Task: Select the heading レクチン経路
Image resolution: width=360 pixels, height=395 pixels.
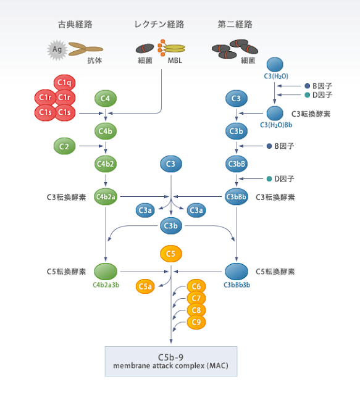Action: pyautogui.click(x=159, y=25)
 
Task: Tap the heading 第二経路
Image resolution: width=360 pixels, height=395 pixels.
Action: pyautogui.click(x=235, y=25)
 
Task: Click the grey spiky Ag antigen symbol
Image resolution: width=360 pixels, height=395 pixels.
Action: pyautogui.click(x=56, y=49)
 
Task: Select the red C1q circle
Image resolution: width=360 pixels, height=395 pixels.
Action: pyautogui.click(x=65, y=83)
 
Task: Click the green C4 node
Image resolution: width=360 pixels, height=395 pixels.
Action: pyautogui.click(x=106, y=98)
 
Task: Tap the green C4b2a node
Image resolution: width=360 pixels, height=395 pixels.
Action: pyautogui.click(x=106, y=197)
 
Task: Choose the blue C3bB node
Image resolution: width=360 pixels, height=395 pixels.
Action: pyautogui.click(x=237, y=164)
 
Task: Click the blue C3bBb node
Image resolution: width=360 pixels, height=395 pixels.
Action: pyautogui.click(x=237, y=197)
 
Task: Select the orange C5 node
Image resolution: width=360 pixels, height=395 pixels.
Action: pyautogui.click(x=171, y=253)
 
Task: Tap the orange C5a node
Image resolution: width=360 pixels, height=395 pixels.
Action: pyautogui.click(x=146, y=286)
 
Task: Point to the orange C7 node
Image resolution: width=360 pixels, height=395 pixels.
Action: pyautogui.click(x=196, y=298)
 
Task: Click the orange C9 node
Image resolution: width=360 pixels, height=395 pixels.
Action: pyautogui.click(x=196, y=322)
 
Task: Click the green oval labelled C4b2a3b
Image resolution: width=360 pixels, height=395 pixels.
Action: pyautogui.click(x=106, y=271)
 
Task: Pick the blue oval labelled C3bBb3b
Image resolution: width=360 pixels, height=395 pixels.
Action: pyautogui.click(x=237, y=271)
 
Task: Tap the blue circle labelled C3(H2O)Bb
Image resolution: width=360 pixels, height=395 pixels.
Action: pyautogui.click(x=274, y=113)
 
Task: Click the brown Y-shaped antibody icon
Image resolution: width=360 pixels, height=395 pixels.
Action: pyautogui.click(x=85, y=48)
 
